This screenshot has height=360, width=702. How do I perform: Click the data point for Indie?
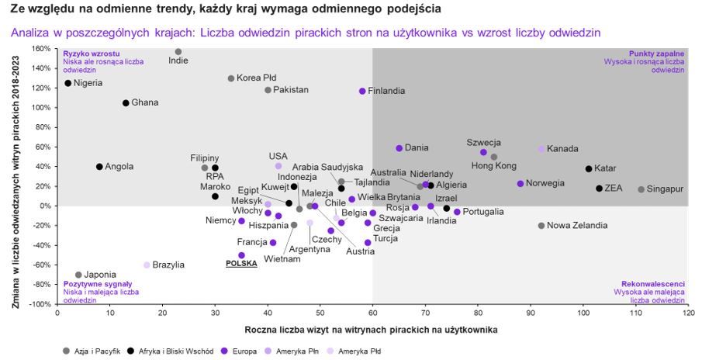178,52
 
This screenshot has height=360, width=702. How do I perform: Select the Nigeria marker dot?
67,83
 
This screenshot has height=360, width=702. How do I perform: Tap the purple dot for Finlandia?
362,91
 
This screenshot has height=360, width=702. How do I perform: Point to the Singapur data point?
641,189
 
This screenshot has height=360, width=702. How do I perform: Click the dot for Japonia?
78,275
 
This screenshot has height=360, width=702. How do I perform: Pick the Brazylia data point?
147,265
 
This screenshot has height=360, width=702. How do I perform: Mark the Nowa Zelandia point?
541,225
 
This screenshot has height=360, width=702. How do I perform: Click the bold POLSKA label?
240,263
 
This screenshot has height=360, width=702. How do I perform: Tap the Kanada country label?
562,149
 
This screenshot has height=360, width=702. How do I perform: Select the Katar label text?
605,168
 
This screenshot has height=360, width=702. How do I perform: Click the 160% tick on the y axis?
41,48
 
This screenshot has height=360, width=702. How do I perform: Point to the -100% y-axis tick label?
40,304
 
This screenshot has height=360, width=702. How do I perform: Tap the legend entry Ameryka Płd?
360,351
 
